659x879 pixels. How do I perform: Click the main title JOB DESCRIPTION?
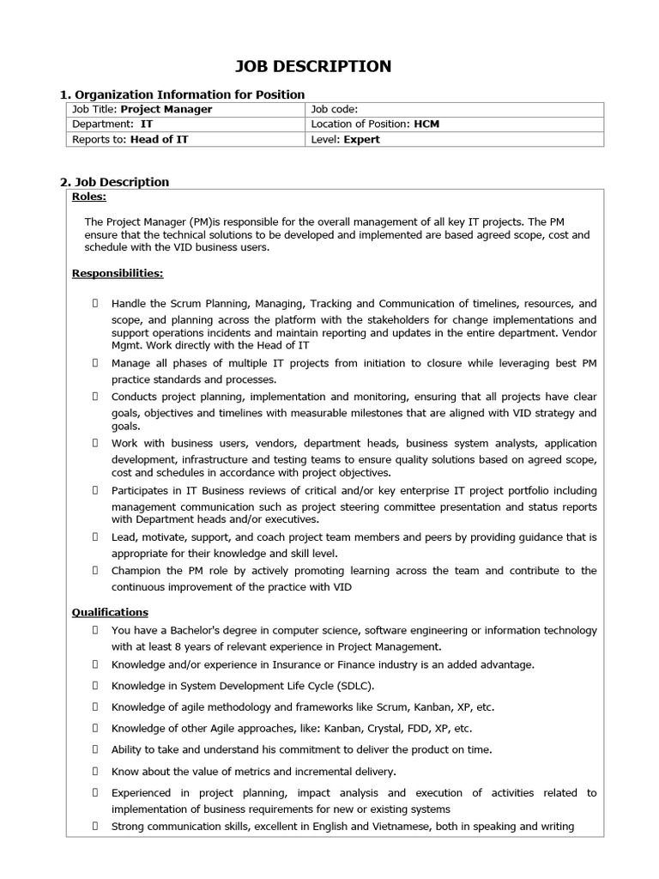tap(313, 66)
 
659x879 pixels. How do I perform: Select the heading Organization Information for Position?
tap(190, 94)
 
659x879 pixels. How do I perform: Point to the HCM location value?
tap(426, 124)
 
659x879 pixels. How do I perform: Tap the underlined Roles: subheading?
tap(89, 197)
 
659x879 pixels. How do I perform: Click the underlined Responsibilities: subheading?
tap(118, 274)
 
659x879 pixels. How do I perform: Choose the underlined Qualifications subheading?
tap(110, 612)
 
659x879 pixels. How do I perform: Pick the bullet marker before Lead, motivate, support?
tap(94, 537)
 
